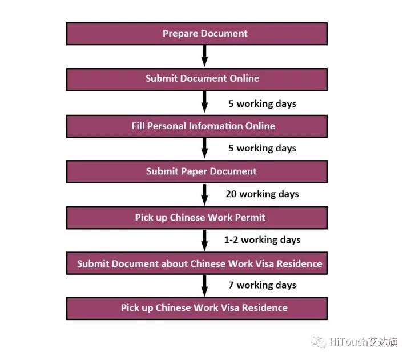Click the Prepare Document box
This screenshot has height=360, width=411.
pyautogui.click(x=197, y=34)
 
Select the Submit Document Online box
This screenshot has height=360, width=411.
pyautogui.click(x=197, y=79)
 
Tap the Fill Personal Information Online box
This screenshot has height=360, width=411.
pyautogui.click(x=197, y=126)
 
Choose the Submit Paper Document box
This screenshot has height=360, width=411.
pyautogui.click(x=197, y=171)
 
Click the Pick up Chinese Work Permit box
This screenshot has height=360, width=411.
pyautogui.click(x=197, y=218)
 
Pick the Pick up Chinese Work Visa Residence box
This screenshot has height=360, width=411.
pyautogui.click(x=197, y=309)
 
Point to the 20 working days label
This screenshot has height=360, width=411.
pyautogui.click(x=262, y=194)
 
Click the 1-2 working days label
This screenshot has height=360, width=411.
pyautogui.click(x=262, y=240)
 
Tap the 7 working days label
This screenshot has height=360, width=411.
pyautogui.click(x=262, y=285)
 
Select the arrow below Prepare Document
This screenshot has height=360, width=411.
pyautogui.click(x=204, y=56)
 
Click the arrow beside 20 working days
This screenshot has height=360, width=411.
pyautogui.click(x=204, y=194)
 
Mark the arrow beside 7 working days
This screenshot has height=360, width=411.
pyautogui.click(x=204, y=286)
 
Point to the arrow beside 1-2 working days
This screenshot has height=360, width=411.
pyautogui.click(x=204, y=241)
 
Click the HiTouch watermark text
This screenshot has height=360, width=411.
pyautogui.click(x=364, y=342)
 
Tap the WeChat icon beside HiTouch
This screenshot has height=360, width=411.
pyautogui.click(x=319, y=342)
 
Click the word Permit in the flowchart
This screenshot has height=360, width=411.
pyautogui.click(x=250, y=218)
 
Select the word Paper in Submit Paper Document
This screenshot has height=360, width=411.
pyautogui.click(x=194, y=171)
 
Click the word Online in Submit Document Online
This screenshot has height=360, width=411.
pyautogui.click(x=244, y=78)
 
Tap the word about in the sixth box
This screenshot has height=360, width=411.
pyautogui.click(x=174, y=263)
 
